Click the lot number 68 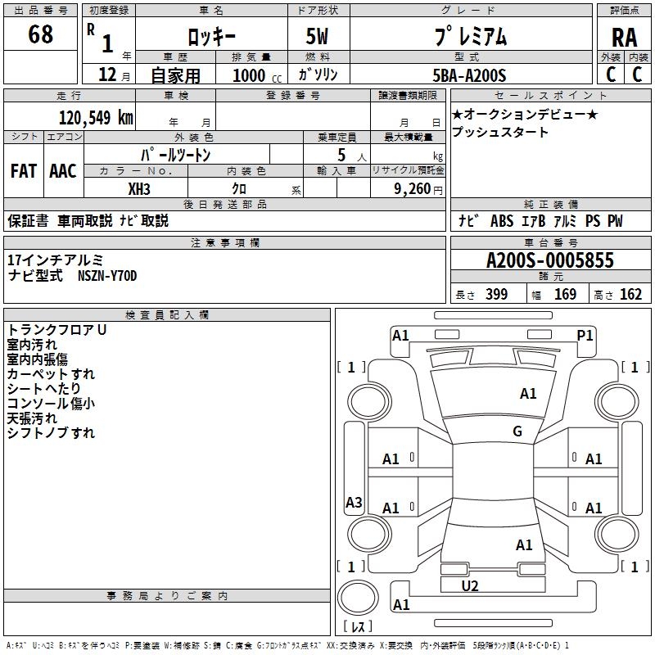pyautogui.click(x=40, y=35)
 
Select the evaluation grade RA pyautogui.click(x=624, y=37)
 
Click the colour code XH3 pyautogui.click(x=140, y=188)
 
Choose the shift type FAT pyautogui.click(x=23, y=171)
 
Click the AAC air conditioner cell pyautogui.click(x=63, y=171)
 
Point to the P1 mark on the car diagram pyautogui.click(x=585, y=335)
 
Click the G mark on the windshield pyautogui.click(x=517, y=431)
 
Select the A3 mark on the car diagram pyautogui.click(x=354, y=503)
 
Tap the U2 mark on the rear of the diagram pyautogui.click(x=470, y=585)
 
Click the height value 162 pyautogui.click(x=630, y=295)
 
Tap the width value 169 pyautogui.click(x=566, y=295)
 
